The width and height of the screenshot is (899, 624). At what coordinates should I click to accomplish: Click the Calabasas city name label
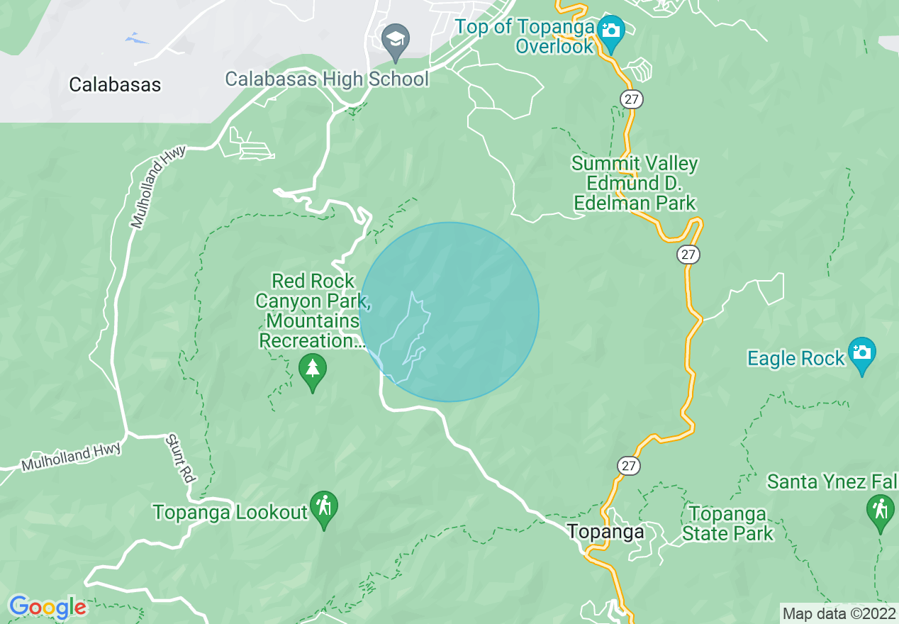coord(115,85)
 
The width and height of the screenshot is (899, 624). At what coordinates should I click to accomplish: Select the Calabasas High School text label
coord(327,78)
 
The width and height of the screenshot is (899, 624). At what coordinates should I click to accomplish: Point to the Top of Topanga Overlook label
coord(525,37)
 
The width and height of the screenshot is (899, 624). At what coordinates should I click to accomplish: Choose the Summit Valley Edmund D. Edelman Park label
coord(635,184)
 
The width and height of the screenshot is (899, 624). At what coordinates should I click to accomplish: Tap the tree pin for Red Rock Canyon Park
coord(312,371)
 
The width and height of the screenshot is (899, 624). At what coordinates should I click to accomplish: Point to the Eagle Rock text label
coord(796,358)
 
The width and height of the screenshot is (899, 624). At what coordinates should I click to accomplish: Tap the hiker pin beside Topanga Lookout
coord(324,508)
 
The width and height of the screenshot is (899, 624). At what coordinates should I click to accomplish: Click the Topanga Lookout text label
coord(230,512)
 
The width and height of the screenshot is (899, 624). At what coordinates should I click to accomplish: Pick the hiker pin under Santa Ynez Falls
coord(880,511)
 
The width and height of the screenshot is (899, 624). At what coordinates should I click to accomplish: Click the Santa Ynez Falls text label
coord(832,483)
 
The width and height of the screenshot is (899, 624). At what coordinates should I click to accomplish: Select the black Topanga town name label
coord(605,532)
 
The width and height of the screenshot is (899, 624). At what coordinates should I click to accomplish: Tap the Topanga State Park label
coord(727,524)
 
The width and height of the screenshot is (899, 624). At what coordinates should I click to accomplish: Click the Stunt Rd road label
coord(179,459)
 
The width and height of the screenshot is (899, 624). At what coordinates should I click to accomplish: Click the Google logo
coord(48,608)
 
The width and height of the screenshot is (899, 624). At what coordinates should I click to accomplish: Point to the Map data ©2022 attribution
coord(839,613)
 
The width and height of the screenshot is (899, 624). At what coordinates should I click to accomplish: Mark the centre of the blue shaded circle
coord(449,312)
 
